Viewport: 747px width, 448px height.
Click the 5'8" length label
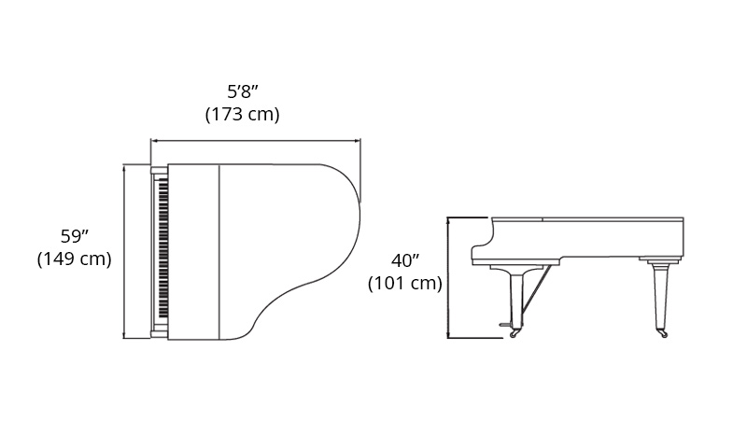click(243, 91)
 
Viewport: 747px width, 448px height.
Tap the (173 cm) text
click(243, 114)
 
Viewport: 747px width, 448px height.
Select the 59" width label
click(76, 236)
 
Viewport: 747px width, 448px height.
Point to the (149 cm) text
click(75, 259)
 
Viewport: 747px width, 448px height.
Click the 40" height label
click(405, 260)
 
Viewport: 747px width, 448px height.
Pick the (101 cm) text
click(405, 284)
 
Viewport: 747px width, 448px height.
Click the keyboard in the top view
click(163, 249)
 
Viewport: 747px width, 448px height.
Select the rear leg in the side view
click(661, 295)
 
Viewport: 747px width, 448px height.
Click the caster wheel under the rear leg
click(662, 334)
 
